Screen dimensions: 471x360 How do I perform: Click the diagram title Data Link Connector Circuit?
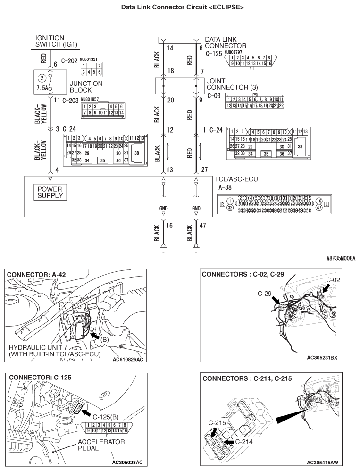(179, 8)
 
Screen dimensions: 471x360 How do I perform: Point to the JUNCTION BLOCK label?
(86, 86)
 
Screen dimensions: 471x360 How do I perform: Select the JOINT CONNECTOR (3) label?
(229, 84)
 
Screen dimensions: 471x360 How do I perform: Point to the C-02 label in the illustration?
(333, 279)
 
